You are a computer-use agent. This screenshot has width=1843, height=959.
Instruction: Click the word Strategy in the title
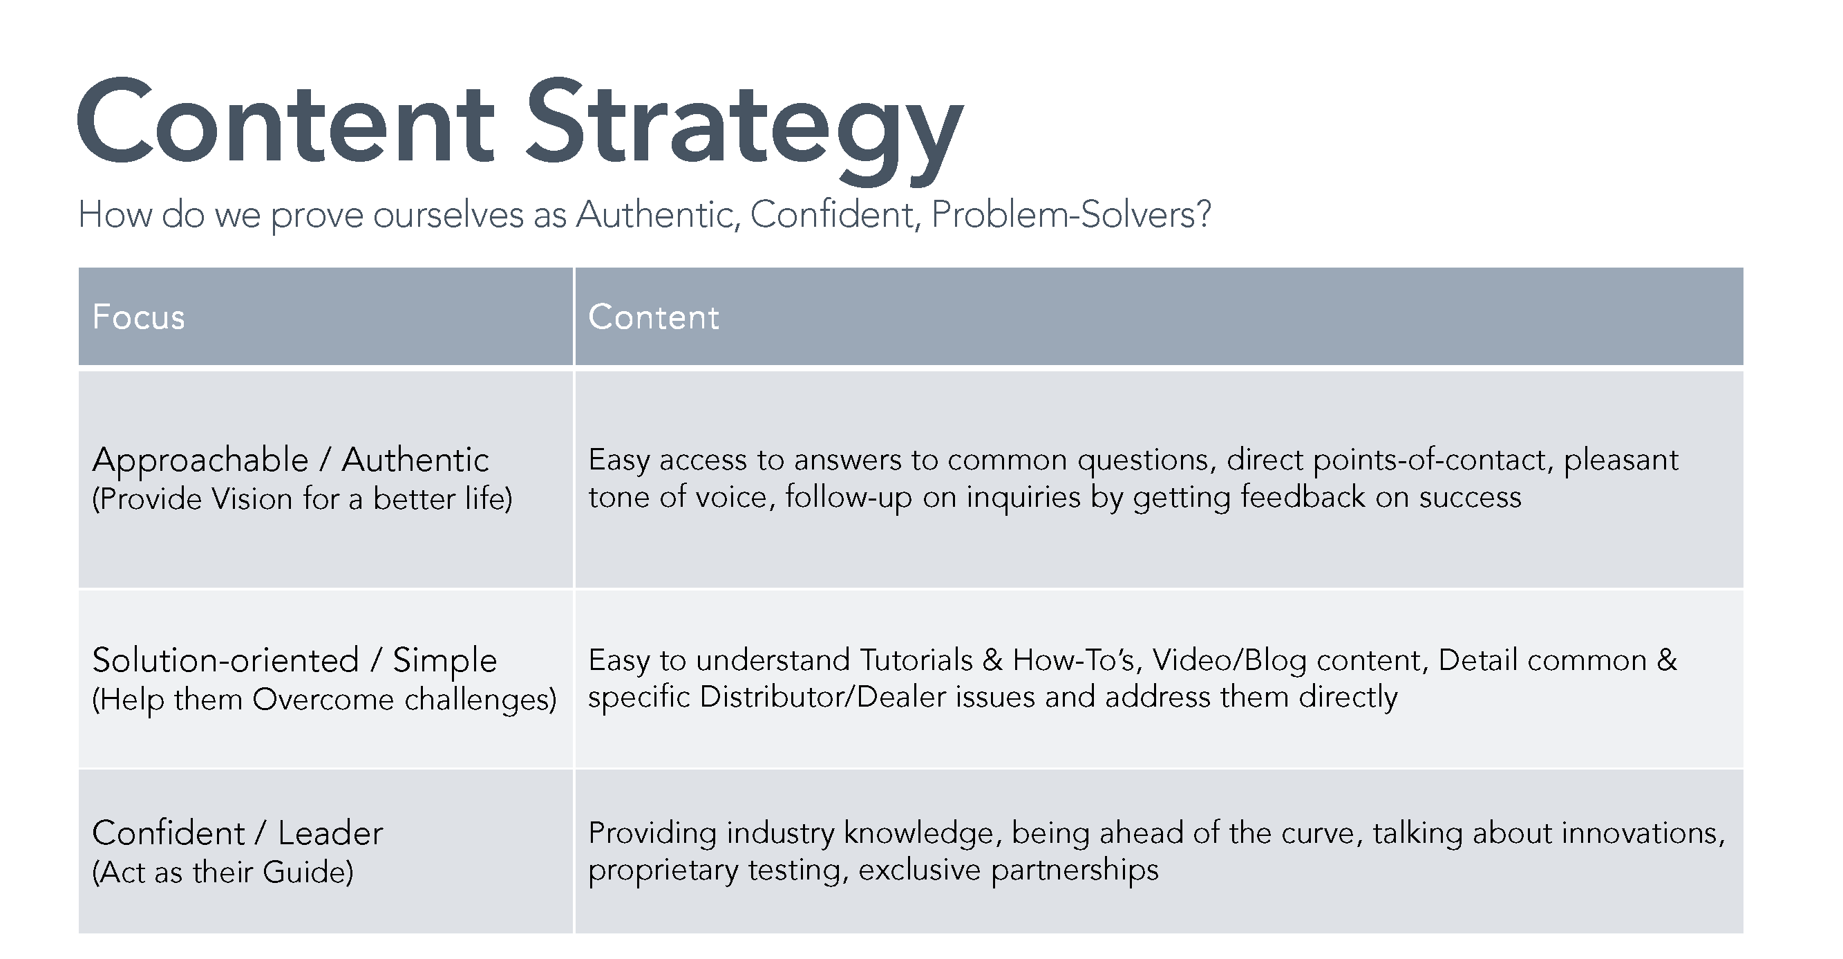pos(744,129)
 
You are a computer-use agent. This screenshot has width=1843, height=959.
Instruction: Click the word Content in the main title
pos(286,121)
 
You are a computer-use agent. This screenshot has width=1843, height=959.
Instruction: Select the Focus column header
pos(139,317)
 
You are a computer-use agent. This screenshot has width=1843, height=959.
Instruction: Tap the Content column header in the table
pos(653,317)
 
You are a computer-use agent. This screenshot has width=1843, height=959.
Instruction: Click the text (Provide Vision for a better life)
pos(303,499)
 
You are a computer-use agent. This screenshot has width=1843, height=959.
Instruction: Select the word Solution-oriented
pos(225,659)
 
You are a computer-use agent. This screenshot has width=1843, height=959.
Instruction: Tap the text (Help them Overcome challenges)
pos(324,699)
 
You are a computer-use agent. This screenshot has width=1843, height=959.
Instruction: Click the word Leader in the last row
pos(330,833)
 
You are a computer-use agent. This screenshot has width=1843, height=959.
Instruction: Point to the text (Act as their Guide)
pos(223,873)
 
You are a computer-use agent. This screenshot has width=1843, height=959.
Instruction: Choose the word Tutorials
pos(916,659)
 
